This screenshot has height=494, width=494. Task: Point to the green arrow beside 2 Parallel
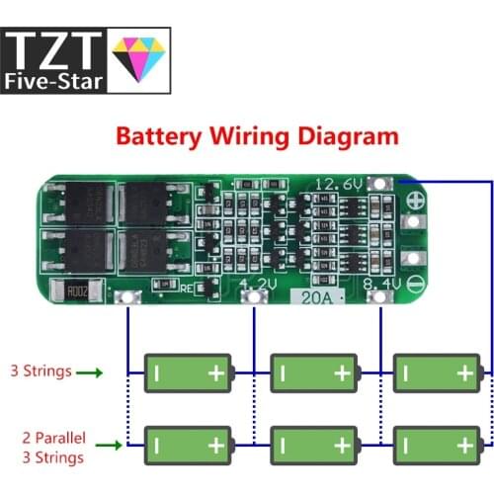point(104,444)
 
